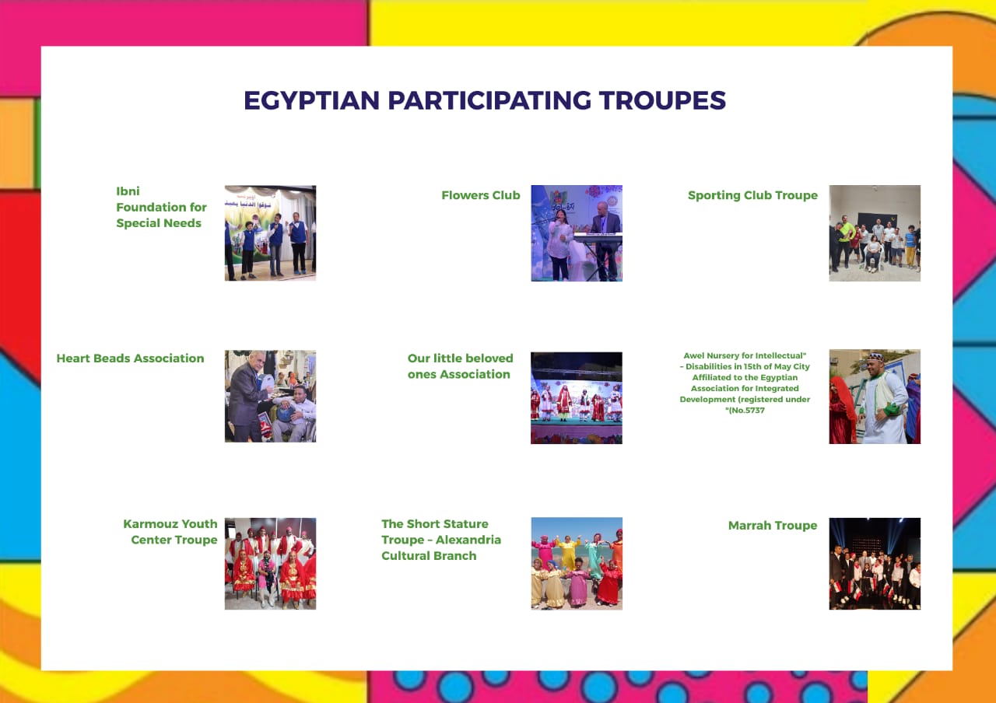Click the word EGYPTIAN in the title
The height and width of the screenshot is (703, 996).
point(312,100)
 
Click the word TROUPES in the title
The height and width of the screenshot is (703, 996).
point(662,100)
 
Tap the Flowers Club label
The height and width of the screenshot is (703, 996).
point(481,195)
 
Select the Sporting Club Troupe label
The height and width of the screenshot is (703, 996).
point(752,195)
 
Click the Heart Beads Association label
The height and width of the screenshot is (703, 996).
point(130,358)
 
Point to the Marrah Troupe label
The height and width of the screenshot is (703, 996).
point(773,526)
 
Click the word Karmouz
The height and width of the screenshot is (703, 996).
point(151,524)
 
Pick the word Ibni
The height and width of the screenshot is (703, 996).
point(128,191)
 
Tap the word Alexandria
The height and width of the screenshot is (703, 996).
point(468,540)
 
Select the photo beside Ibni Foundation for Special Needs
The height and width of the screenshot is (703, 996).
point(270,233)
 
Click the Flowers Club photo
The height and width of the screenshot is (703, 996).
point(577,233)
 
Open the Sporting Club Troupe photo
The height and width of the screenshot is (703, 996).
point(875,233)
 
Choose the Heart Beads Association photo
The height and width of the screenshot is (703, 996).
point(270,397)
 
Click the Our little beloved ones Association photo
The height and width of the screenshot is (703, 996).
point(577,398)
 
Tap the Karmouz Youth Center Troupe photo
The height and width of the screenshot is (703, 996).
point(270,564)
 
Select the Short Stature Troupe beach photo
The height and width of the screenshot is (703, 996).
point(577,564)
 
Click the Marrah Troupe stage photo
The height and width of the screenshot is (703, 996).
point(875,564)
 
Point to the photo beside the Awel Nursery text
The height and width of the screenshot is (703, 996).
point(875,397)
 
